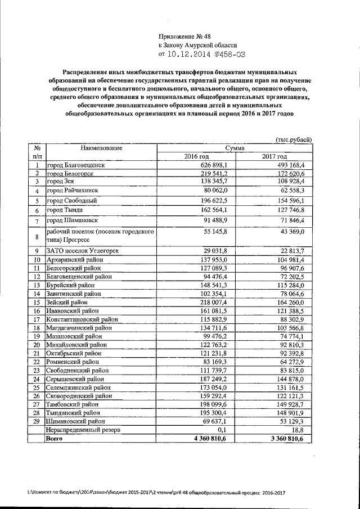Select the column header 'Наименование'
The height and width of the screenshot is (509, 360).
point(101,147)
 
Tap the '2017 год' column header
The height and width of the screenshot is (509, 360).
point(274,156)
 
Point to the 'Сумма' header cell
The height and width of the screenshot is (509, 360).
point(235,147)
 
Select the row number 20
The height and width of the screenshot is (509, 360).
point(37,344)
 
